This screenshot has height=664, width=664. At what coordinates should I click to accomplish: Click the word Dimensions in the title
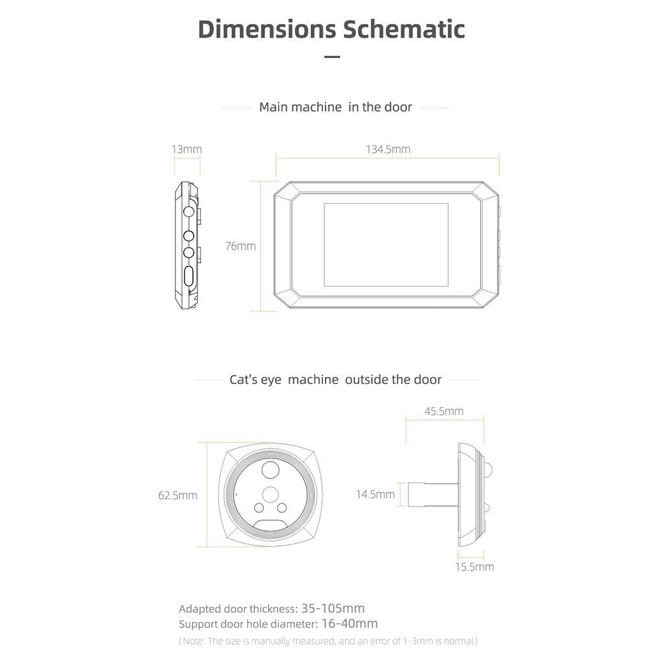click(x=267, y=29)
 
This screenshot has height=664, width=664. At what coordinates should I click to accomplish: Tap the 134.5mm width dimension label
click(x=388, y=149)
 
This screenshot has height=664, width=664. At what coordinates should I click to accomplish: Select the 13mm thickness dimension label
click(x=187, y=149)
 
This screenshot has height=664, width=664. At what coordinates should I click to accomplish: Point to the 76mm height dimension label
click(x=240, y=246)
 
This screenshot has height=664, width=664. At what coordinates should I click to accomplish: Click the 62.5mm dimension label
click(x=178, y=495)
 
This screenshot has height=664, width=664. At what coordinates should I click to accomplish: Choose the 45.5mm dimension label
click(x=444, y=411)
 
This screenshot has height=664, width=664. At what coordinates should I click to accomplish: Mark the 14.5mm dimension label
click(x=375, y=494)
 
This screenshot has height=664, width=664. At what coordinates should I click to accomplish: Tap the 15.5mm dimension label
click(x=474, y=567)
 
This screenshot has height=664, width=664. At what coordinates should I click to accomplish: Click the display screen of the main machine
click(x=386, y=244)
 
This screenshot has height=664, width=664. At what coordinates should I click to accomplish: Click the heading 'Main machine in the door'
click(x=335, y=107)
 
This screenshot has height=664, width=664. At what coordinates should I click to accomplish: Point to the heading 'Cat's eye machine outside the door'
click(x=335, y=379)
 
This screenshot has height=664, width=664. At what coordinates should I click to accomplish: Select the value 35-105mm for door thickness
click(x=333, y=608)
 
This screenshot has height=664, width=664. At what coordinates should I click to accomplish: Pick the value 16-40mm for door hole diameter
click(x=349, y=624)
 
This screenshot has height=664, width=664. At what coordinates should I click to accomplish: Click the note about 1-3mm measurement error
click(x=328, y=641)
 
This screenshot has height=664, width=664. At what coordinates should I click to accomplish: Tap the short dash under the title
click(x=332, y=57)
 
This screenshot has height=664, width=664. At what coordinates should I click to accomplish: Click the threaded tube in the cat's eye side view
click(x=433, y=495)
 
